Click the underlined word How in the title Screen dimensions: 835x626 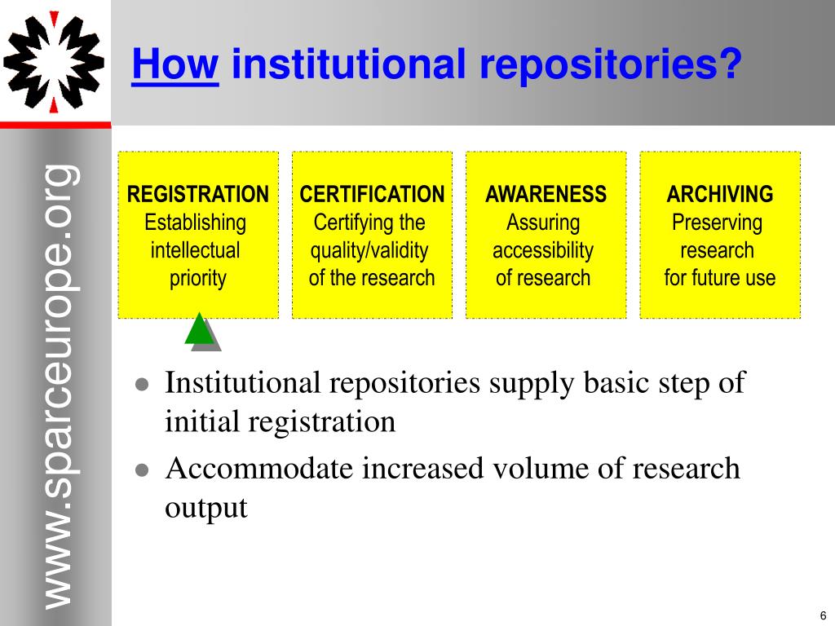point(175,64)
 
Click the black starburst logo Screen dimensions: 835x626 point(54,63)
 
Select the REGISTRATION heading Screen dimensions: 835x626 point(198,194)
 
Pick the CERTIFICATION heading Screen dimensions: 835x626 point(372,194)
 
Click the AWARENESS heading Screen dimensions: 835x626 point(546,194)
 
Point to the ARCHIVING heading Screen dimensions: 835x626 point(720,194)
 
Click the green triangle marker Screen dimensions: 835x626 point(199,329)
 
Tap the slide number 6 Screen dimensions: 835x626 point(823,615)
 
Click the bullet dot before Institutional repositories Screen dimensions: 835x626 point(142,385)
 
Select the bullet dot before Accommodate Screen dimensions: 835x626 point(142,470)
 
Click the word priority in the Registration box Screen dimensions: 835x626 point(198,279)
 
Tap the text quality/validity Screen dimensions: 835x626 point(369,251)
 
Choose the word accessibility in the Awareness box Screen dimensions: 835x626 point(543,251)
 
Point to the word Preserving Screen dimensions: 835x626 point(718,223)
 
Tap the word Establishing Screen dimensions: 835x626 point(196,223)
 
